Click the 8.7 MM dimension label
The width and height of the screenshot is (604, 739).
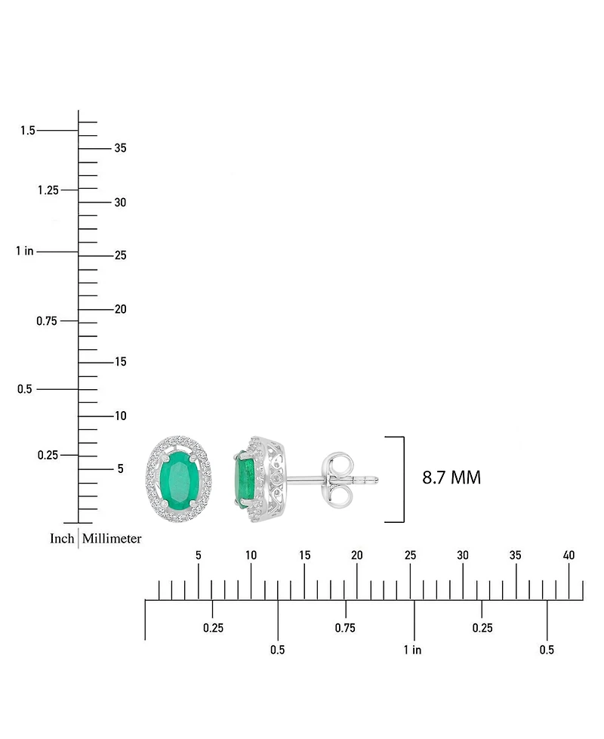coord(451,478)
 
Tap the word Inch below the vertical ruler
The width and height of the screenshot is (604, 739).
coord(62,539)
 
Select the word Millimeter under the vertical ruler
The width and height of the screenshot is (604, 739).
coord(112,539)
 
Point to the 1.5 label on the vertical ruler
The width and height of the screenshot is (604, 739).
coord(28,131)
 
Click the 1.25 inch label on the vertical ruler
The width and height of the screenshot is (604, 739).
coord(48,190)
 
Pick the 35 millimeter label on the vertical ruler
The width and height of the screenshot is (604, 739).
coord(120,148)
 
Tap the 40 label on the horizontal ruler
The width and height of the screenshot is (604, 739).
coord(569,555)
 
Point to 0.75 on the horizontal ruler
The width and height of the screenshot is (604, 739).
coord(345,628)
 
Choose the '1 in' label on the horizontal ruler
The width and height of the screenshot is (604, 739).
coord(412,650)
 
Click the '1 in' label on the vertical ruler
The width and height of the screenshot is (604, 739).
coord(24,251)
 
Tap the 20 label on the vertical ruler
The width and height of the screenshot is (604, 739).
coord(120,309)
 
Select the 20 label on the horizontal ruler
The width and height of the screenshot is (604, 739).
coord(357,555)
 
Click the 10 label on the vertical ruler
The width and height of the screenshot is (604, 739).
coord(120,416)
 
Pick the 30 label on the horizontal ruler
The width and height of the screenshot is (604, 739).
coord(463,555)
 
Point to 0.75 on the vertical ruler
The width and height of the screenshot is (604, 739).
coord(48,321)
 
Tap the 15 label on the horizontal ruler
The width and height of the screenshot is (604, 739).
coord(304,555)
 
